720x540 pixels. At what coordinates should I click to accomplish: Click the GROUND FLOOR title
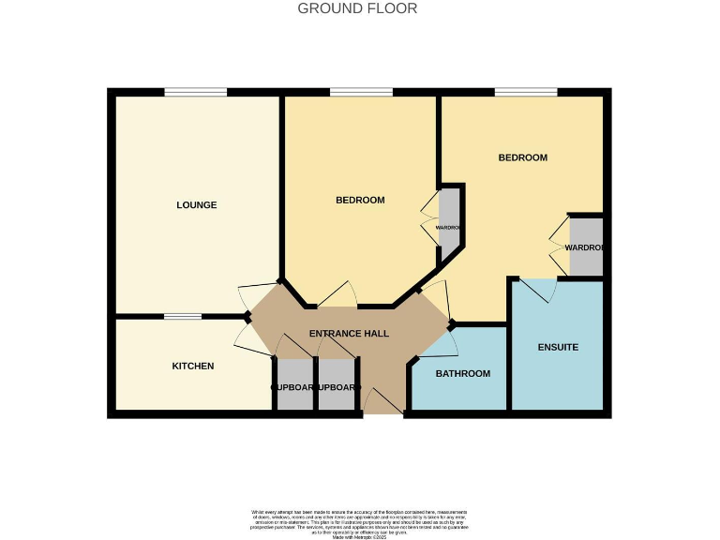point(357,8)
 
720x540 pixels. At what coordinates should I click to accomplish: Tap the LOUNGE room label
point(197,205)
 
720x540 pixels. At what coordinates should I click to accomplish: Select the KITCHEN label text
point(193,366)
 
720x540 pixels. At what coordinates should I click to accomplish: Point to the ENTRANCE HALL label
point(349,333)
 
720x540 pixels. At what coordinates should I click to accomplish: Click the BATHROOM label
point(463,374)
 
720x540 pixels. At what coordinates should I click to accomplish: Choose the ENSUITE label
point(558,348)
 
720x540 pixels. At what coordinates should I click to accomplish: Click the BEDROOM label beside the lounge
point(360,200)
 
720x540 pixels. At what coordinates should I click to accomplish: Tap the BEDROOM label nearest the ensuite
point(522,157)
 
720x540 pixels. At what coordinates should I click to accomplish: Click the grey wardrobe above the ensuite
point(586,247)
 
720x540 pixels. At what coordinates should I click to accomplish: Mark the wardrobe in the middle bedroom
point(450,221)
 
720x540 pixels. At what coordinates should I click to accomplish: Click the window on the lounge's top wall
point(196,92)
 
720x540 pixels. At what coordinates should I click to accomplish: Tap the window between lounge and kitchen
point(182,317)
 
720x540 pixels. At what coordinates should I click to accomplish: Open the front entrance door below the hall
point(383,403)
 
